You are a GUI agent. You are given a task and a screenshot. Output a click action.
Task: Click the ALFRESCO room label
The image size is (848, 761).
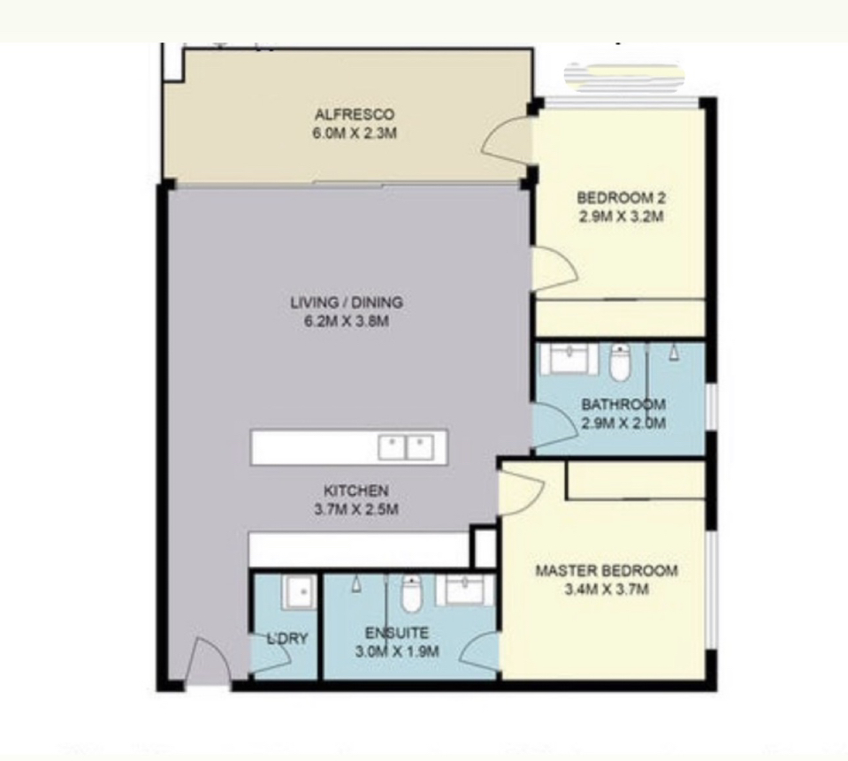pyautogui.click(x=355, y=115)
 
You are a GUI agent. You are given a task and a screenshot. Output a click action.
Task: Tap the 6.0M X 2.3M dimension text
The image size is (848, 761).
pyautogui.click(x=355, y=133)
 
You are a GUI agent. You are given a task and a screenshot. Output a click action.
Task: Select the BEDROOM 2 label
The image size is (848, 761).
pyautogui.click(x=622, y=198)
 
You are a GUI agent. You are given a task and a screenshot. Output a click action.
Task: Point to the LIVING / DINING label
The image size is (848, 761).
pyautogui.click(x=347, y=302)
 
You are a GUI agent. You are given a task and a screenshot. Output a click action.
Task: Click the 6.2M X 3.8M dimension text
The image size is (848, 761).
pyautogui.click(x=347, y=321)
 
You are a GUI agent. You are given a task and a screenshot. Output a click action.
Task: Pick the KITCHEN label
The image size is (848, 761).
pyautogui.click(x=355, y=491)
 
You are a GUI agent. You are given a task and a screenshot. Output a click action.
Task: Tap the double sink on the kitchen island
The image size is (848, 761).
pyautogui.click(x=406, y=447)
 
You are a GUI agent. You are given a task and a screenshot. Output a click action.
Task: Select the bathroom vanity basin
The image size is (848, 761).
pyautogui.click(x=569, y=358)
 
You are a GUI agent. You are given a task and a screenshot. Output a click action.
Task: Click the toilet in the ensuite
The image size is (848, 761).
pyautogui.click(x=411, y=594)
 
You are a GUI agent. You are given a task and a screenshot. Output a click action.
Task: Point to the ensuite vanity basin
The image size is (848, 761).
pyautogui.click(x=465, y=590)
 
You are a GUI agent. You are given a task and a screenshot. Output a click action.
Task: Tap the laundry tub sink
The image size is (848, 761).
pyautogui.click(x=299, y=592)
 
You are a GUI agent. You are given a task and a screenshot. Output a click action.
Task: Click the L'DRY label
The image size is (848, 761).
pyautogui.click(x=287, y=638)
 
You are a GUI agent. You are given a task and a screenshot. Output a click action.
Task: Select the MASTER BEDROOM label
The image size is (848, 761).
pyautogui.click(x=607, y=571)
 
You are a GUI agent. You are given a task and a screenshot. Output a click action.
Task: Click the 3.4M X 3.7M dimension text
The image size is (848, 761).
pyautogui.click(x=607, y=590)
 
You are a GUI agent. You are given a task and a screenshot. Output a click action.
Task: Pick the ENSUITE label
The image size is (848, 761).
pyautogui.click(x=397, y=633)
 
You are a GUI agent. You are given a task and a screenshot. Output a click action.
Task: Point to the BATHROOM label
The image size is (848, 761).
pyautogui.click(x=623, y=404)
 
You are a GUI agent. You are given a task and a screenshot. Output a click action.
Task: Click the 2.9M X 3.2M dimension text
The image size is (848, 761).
pyautogui.click(x=622, y=217)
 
